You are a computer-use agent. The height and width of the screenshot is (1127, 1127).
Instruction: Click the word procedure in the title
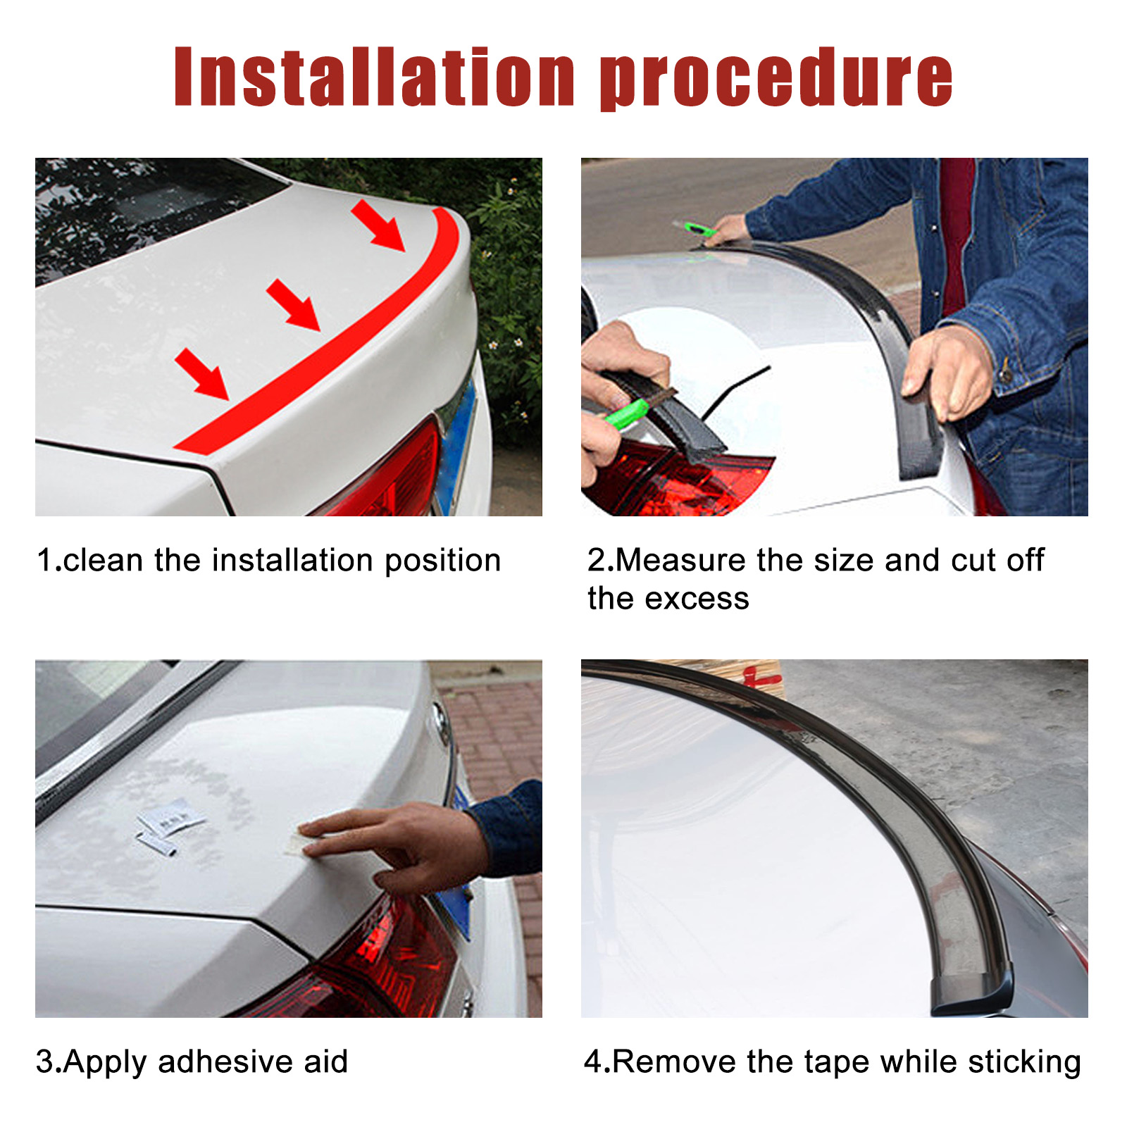(x=776, y=79)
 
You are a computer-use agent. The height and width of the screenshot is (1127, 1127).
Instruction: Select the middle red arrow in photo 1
(x=293, y=304)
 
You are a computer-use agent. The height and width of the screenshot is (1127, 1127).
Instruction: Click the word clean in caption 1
(x=103, y=561)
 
